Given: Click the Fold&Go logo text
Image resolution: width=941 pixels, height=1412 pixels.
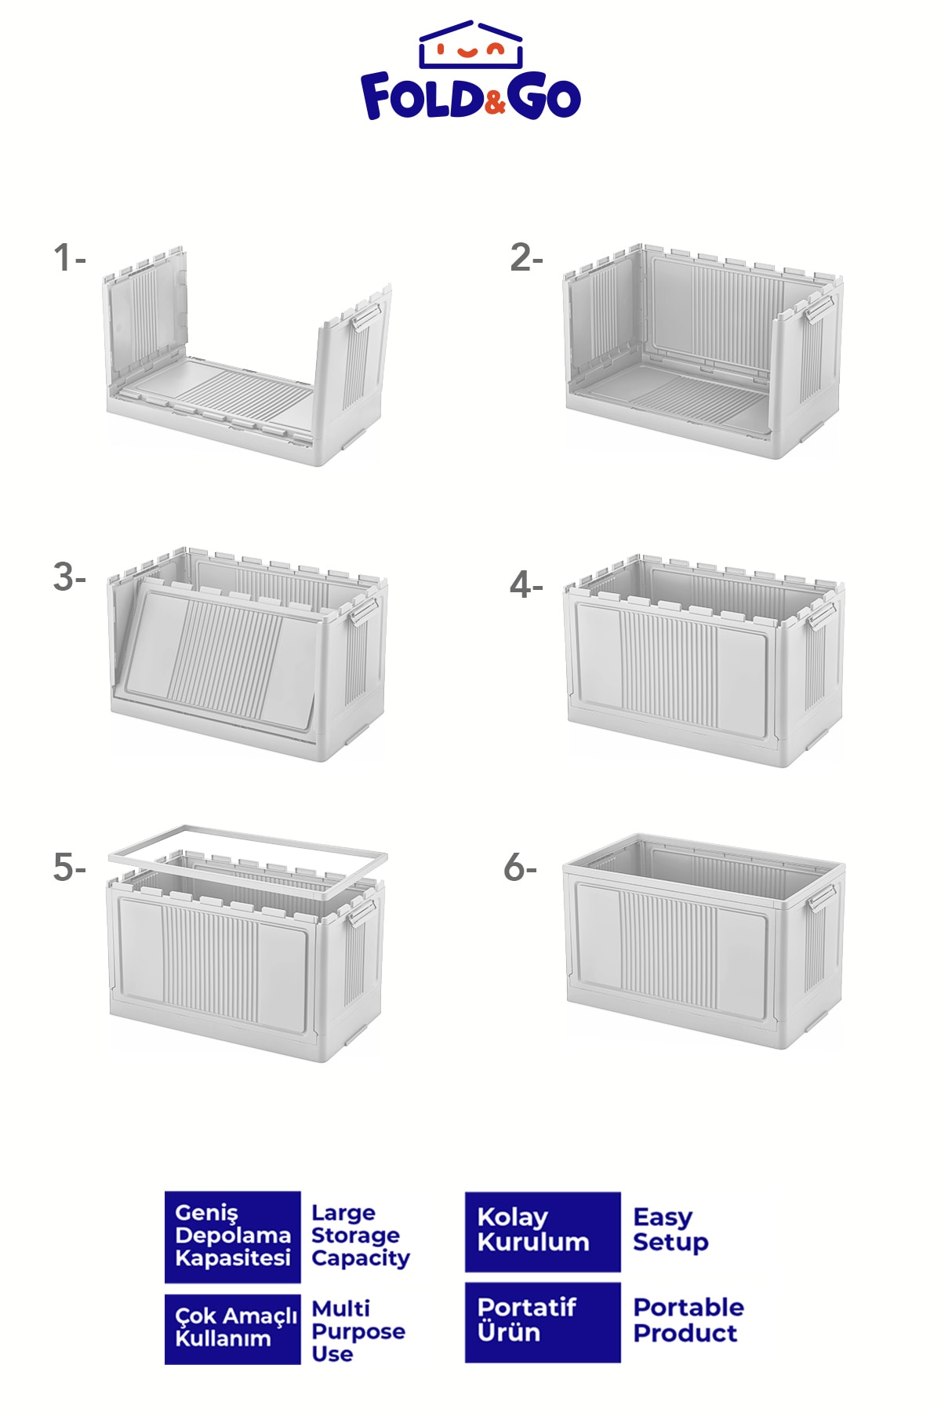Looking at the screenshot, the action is point(470,96).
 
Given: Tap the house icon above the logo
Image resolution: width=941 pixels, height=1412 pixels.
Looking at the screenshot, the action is point(470,45).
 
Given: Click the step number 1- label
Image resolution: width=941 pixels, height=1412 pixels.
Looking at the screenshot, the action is point(69,258).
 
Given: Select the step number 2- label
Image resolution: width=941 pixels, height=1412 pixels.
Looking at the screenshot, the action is point(526,258).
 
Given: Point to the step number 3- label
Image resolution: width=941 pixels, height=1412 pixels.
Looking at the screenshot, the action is point(69,577).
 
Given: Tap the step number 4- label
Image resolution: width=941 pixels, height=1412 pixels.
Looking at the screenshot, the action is point(526,584).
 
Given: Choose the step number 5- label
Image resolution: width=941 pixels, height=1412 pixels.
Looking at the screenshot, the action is point(69,868).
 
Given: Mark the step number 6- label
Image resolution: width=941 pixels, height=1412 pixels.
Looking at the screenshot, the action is point(520,868).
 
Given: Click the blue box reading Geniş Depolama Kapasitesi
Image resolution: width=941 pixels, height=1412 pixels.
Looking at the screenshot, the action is point(233,1237).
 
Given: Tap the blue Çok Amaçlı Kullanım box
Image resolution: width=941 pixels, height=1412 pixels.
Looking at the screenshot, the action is point(233,1329).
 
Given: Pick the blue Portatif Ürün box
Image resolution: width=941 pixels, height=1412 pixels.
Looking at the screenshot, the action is point(543,1323).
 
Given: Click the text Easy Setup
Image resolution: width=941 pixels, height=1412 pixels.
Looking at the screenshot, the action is point(670,1230).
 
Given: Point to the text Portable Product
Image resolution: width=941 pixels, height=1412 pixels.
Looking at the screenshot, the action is point(688,1320).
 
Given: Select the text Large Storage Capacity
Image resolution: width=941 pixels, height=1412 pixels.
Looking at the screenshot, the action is point(361,1236).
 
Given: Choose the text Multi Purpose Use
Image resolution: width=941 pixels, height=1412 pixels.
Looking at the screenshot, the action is point(358,1331).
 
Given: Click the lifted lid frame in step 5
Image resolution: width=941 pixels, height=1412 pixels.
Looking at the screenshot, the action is point(248,829).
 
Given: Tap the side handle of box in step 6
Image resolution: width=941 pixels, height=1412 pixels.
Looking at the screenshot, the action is point(820,897).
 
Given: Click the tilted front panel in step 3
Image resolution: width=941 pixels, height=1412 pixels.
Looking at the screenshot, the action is point(223,655).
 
